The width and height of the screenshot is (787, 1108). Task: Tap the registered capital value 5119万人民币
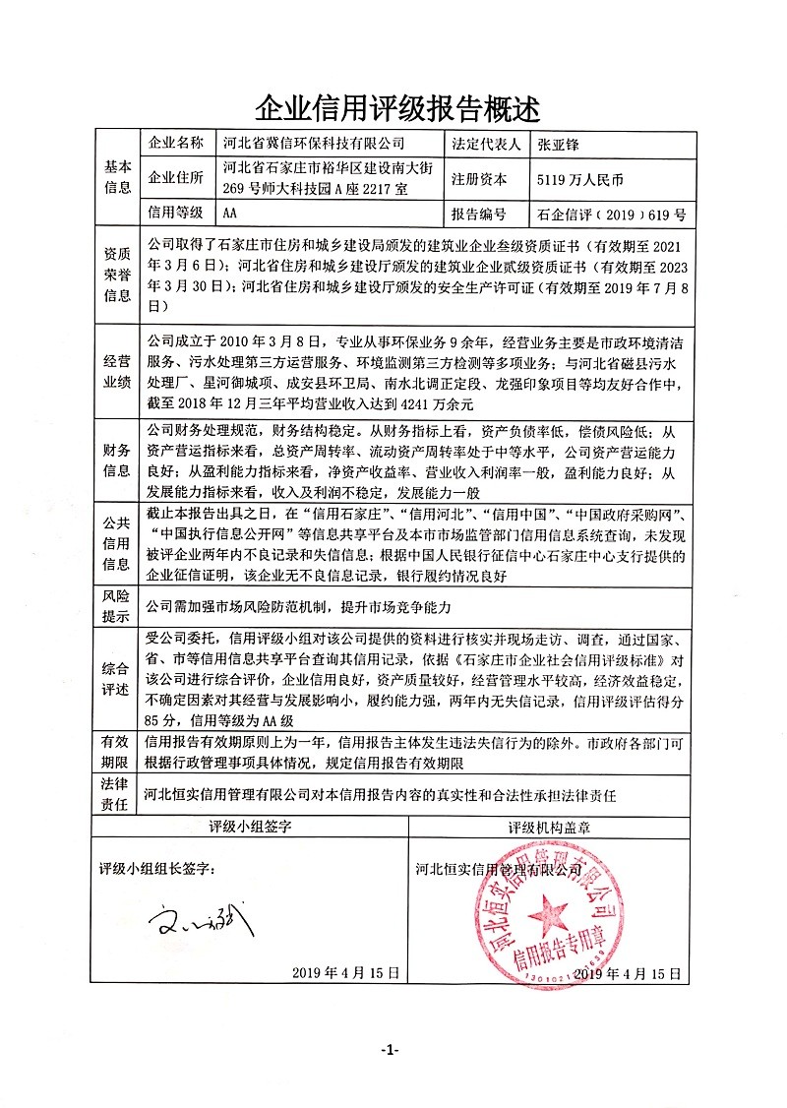(581, 180)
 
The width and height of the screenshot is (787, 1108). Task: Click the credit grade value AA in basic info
(230, 213)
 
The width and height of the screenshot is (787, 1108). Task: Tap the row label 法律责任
(117, 793)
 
